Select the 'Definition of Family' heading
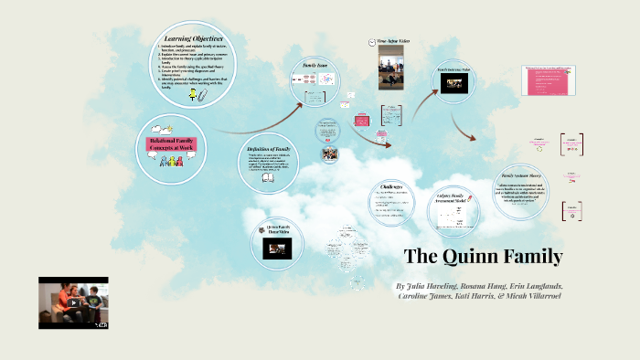pyautogui.click(x=270, y=148)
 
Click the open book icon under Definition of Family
pyautogui.click(x=268, y=178)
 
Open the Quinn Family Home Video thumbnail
pyautogui.click(x=276, y=248)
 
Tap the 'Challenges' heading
pyautogui.click(x=392, y=186)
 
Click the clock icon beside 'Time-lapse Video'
pyautogui.click(x=370, y=42)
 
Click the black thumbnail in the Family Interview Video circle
pyautogui.click(x=453, y=82)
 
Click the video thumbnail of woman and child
pyautogui.click(x=73, y=302)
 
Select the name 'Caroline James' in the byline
pyautogui.click(x=431, y=296)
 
